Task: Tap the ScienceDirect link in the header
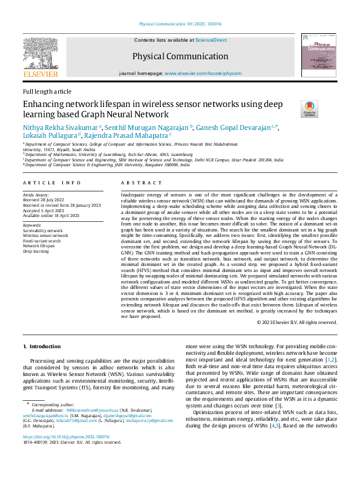tap(211, 40)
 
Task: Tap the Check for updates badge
tap(309, 109)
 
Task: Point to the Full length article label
tap(47, 91)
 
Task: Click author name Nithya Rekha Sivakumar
tap(60, 128)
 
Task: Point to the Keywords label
tap(32, 225)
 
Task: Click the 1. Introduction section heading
tap(42, 346)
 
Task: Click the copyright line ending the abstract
tap(296, 322)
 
